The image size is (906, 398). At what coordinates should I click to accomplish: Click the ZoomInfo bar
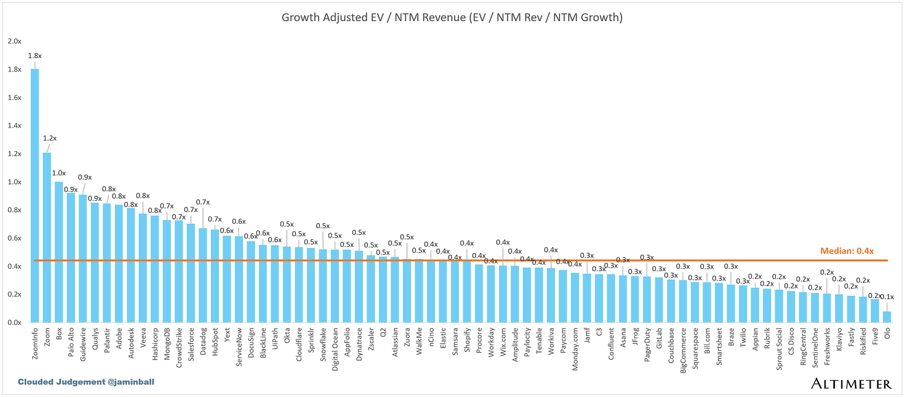(x=35, y=196)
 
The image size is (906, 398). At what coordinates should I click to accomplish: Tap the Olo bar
(x=887, y=317)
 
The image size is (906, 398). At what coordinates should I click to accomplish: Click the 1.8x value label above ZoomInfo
(x=34, y=55)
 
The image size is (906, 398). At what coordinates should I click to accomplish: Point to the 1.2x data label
(x=50, y=137)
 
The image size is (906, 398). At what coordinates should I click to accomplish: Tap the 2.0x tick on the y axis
(x=14, y=41)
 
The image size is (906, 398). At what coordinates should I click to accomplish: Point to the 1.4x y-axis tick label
(x=14, y=126)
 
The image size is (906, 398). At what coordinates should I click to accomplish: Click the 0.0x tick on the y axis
(x=14, y=323)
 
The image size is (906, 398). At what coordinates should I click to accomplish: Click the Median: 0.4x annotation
(x=847, y=251)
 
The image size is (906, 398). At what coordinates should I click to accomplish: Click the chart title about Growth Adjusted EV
(x=452, y=17)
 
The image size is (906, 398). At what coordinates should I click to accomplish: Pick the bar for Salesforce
(x=191, y=273)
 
